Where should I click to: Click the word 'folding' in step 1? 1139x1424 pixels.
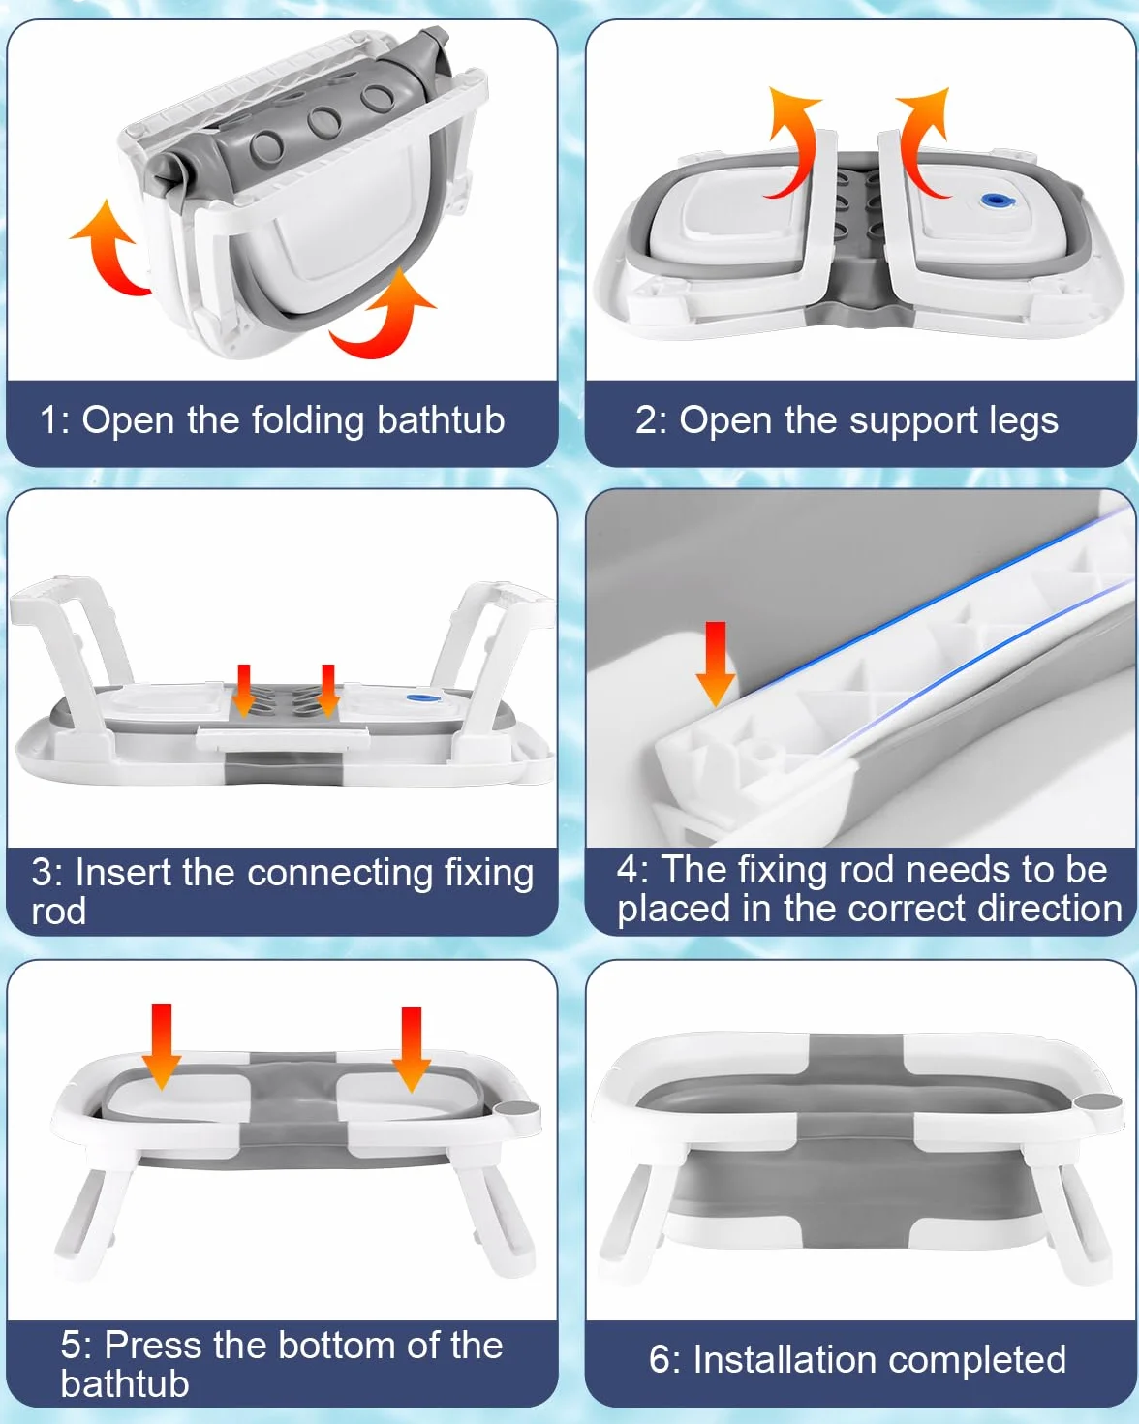tap(308, 420)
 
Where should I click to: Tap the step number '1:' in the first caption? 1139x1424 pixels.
tap(55, 420)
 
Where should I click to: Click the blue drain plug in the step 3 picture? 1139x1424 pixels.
tap(419, 697)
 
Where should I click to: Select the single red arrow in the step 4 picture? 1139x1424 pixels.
tap(716, 664)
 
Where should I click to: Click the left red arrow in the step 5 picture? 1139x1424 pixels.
tap(162, 1046)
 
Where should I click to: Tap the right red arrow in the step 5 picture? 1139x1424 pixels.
tap(411, 1049)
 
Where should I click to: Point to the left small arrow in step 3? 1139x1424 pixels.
tap(243, 691)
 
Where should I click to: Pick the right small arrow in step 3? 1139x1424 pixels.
tap(328, 691)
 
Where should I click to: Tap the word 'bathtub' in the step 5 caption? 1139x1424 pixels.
tap(125, 1384)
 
